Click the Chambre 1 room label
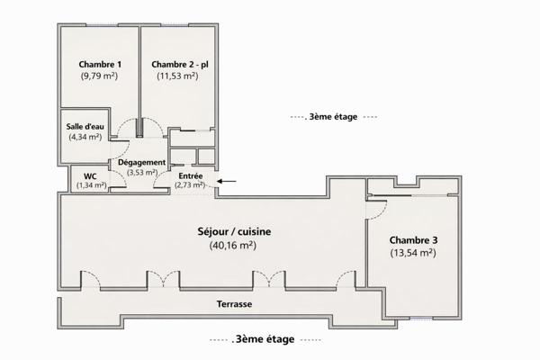coord(100,64)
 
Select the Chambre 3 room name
coord(413,240)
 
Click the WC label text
coord(90,175)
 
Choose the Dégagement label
coord(141,162)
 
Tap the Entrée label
coord(189,175)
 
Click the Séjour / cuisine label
coord(233,231)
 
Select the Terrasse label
coord(234,305)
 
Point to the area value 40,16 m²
coord(233,245)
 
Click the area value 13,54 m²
coord(413,254)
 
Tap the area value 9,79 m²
coord(100,76)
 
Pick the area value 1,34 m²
coord(91,185)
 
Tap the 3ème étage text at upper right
coord(333,117)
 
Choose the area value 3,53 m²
coord(141,172)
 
